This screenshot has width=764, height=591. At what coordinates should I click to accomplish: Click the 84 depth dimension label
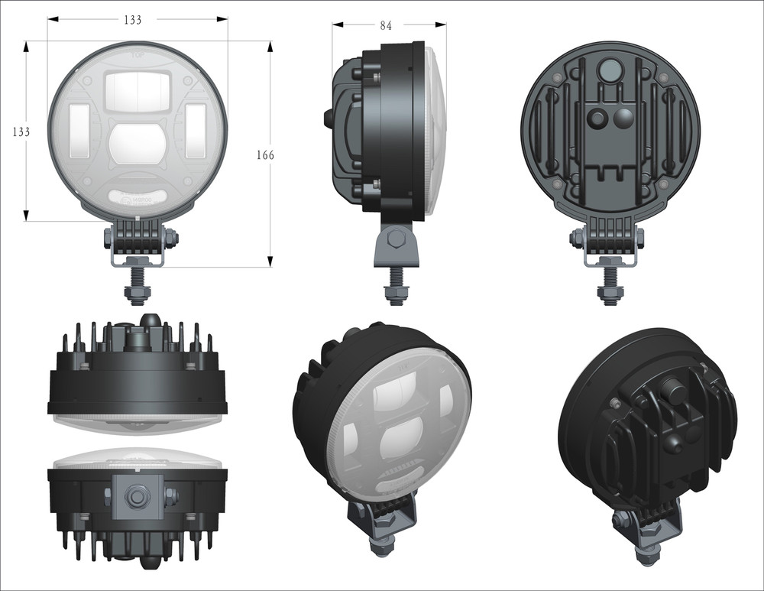coord(385,26)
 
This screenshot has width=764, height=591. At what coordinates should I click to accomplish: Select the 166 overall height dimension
coord(265,155)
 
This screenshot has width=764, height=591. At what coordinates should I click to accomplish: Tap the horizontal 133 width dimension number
coord(133,20)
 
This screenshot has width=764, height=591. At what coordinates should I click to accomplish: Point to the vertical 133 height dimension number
coord(21,132)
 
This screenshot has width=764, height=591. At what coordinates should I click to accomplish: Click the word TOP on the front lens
coord(138,55)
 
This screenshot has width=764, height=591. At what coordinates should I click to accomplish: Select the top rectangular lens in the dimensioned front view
coord(138,90)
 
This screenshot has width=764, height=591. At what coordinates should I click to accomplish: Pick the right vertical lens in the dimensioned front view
coord(195,125)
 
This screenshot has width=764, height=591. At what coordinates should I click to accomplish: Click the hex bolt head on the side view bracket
coord(396,240)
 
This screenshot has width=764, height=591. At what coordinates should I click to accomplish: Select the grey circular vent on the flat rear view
coord(609,71)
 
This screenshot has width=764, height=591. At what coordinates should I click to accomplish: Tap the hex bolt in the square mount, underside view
coord(138,496)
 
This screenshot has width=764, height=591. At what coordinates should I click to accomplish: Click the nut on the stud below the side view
coord(396,294)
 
